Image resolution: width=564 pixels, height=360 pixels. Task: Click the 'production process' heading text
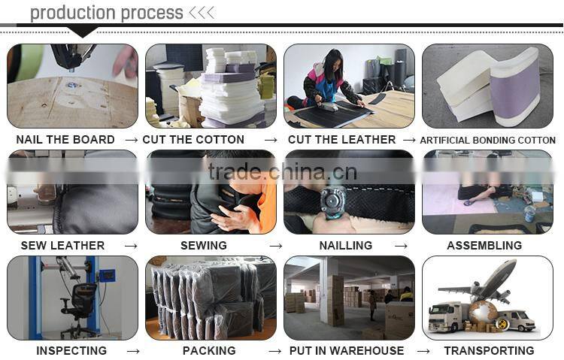tap(106, 13)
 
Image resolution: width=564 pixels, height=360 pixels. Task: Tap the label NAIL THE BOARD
tap(65, 140)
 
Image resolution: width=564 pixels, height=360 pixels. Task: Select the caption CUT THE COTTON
tap(193, 140)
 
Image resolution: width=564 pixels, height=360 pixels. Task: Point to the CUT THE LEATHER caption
tap(341, 140)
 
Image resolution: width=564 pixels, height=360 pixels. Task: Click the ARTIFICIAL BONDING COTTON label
tap(487, 141)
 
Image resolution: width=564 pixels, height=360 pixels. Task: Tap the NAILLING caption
tap(345, 246)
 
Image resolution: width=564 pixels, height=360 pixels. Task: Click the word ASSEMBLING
tap(484, 246)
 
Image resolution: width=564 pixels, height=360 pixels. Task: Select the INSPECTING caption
tap(71, 351)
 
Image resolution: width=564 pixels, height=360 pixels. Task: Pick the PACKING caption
tap(209, 351)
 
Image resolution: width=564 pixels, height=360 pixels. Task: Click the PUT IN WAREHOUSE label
tap(347, 351)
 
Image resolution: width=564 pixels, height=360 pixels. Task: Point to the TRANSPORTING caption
tap(489, 351)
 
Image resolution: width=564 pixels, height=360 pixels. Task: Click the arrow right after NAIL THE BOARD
tap(131, 140)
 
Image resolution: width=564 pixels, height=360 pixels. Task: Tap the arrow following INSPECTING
tap(133, 351)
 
